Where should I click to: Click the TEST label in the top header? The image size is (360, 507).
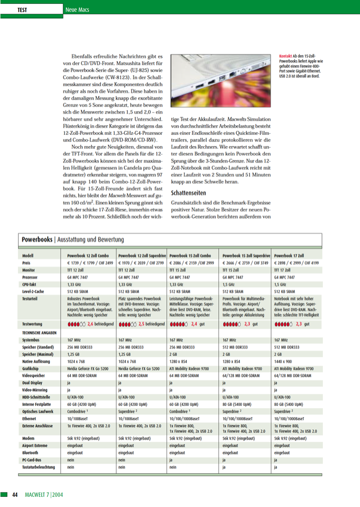pyautogui.click(x=22, y=10)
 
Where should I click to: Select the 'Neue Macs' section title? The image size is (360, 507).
pyautogui.click(x=62, y=10)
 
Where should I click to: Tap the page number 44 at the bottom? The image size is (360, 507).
pyautogui.click(x=16, y=494)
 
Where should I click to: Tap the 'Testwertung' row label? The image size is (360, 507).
pyautogui.click(x=33, y=324)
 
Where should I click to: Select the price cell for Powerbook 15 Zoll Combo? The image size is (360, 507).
pyautogui.click(x=191, y=262)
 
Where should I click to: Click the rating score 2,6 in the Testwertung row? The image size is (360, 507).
pyautogui.click(x=91, y=324)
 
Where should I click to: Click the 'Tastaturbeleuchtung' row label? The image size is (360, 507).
pyautogui.click(x=39, y=467)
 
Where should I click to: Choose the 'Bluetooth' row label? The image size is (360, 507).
pyautogui.click(x=30, y=451)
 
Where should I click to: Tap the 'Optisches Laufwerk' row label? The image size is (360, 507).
pyautogui.click(x=38, y=411)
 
